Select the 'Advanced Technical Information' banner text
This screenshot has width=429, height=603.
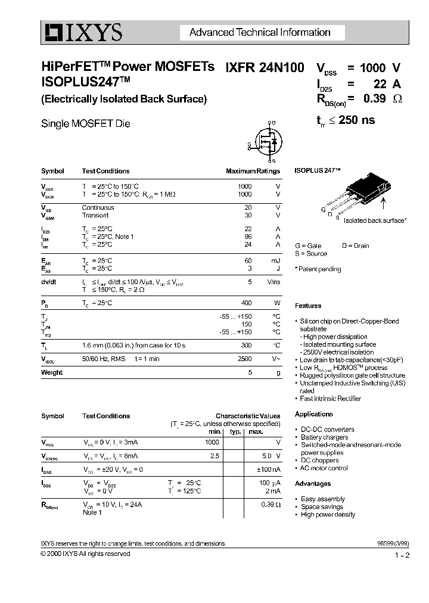click(x=259, y=33)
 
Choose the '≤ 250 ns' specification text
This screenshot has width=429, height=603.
click(x=353, y=120)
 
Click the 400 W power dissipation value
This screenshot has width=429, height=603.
click(x=245, y=303)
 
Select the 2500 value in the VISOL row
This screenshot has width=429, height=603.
click(x=244, y=360)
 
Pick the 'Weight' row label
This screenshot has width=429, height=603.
click(x=52, y=372)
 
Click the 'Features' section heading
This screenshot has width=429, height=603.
click(x=308, y=306)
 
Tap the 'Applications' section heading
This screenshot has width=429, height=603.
click(x=314, y=414)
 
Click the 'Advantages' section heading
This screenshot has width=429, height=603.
click(x=313, y=484)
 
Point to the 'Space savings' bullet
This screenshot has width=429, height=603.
click(x=323, y=506)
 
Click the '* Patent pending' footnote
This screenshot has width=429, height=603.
click(x=318, y=269)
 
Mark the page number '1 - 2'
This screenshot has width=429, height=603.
click(x=402, y=555)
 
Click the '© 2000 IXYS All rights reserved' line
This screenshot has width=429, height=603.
click(x=85, y=554)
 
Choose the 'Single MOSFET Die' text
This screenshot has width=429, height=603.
click(x=85, y=124)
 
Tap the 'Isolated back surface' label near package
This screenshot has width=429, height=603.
click(x=375, y=220)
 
